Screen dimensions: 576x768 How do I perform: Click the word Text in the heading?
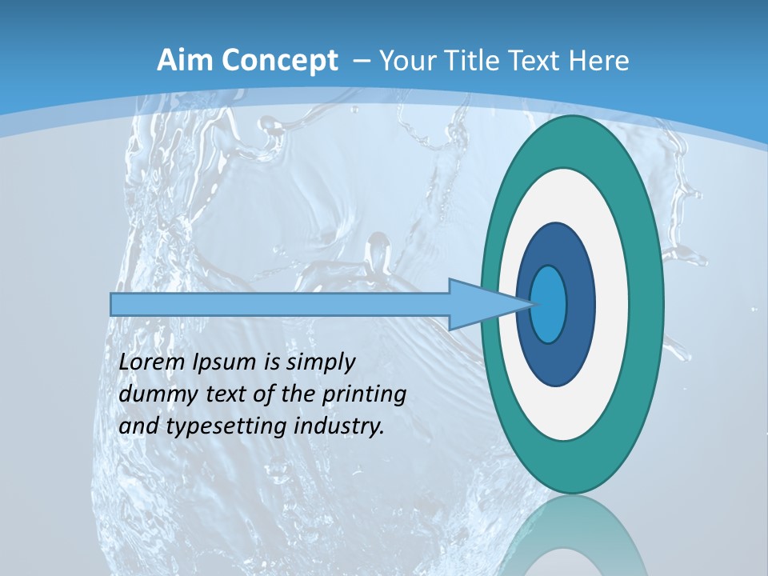542,61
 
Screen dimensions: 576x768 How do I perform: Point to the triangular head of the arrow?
480,304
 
